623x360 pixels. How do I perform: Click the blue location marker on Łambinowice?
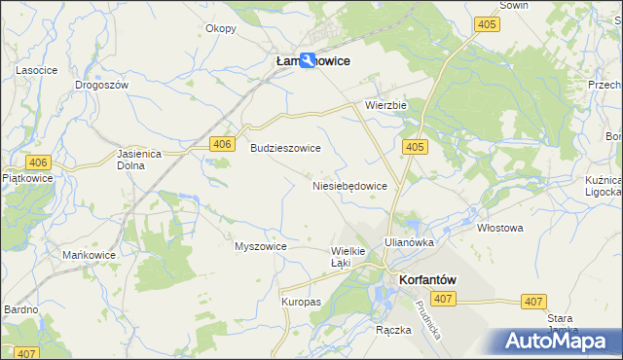click(309, 60)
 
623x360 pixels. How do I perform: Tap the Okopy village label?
click(221, 28)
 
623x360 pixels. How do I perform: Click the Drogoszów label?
click(102, 85)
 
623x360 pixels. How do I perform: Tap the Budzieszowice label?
click(286, 148)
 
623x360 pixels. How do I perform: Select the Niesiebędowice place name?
click(350, 185)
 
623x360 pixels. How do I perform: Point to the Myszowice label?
click(260, 246)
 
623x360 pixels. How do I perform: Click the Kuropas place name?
click(301, 302)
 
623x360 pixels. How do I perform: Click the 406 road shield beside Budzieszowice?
click(223, 144)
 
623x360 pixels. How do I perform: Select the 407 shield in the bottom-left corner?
click(26, 353)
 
